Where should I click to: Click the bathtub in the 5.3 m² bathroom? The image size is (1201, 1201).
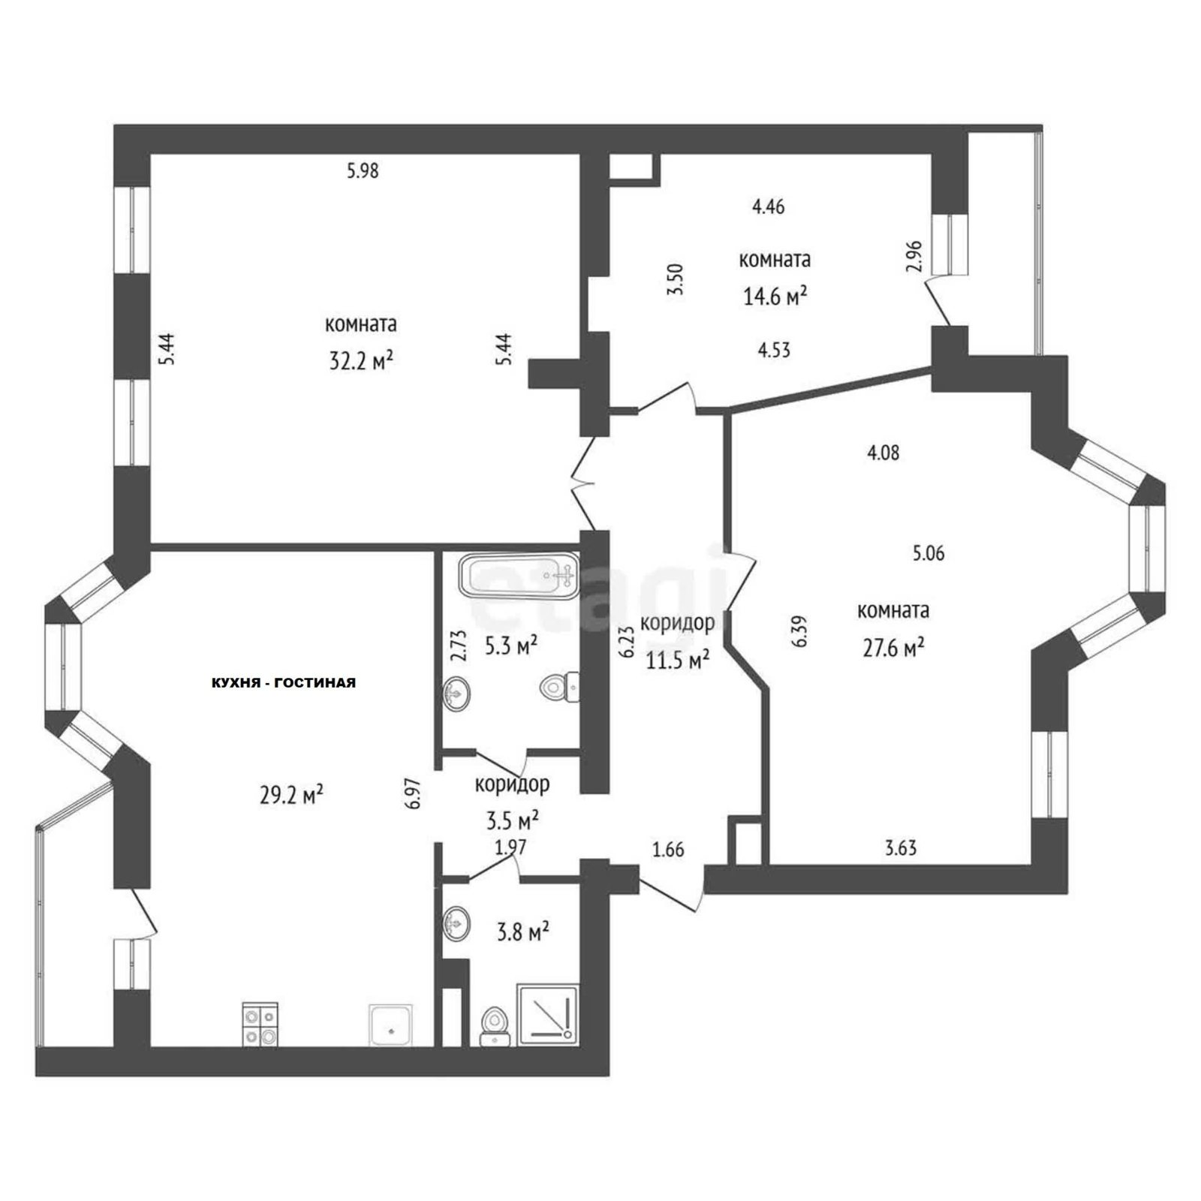(519, 576)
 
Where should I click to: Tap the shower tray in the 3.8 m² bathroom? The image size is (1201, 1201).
(548, 1014)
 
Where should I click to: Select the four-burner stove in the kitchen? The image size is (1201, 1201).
(260, 1024)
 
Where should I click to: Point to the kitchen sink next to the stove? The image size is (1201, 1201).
(390, 1025)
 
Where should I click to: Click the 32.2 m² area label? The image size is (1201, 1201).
(362, 362)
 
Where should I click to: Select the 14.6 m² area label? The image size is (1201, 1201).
(775, 296)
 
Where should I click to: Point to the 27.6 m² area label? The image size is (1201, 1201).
(893, 647)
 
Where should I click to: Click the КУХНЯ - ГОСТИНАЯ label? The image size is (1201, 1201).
(283, 683)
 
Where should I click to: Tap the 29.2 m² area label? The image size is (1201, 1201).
(292, 794)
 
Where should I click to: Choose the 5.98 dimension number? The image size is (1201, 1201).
(363, 171)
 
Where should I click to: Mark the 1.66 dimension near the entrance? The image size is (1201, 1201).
(668, 850)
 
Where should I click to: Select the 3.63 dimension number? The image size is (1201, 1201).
(901, 849)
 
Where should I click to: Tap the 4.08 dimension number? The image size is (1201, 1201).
(883, 453)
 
